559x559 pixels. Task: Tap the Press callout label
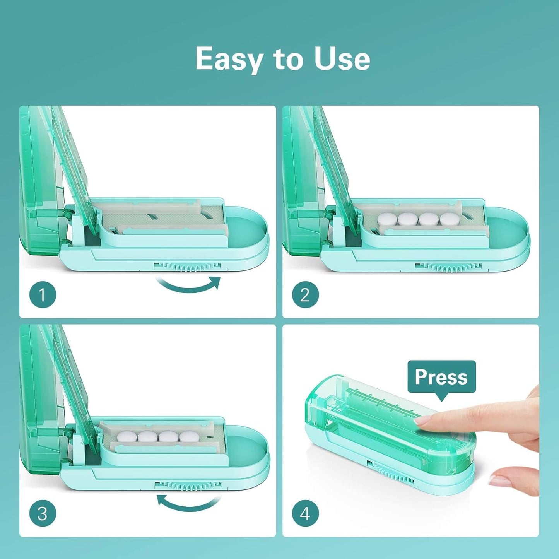441,377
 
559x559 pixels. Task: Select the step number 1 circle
43,295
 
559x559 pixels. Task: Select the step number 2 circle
305,295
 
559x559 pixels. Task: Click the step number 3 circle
43,513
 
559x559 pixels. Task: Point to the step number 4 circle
305,513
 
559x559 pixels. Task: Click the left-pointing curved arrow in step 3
188,503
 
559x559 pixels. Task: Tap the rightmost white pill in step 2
450,219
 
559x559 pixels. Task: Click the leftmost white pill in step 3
127,437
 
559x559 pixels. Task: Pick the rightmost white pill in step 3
189,437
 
